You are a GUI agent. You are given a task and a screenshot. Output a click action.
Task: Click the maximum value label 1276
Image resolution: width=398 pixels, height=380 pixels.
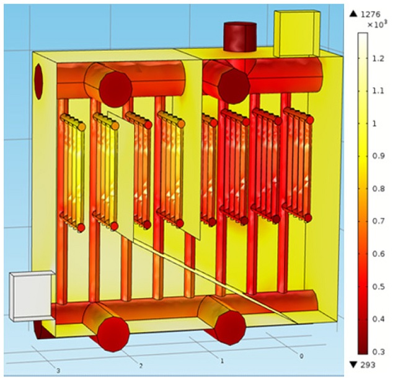pos(371,14)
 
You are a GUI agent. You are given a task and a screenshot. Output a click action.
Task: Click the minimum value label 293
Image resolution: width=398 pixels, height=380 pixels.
pos(368,365)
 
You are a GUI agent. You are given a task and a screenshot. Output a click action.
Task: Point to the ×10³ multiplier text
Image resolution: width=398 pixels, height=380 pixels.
pos(377,25)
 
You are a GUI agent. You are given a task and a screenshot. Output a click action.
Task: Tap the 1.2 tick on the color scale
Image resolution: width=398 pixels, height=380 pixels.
pos(378,58)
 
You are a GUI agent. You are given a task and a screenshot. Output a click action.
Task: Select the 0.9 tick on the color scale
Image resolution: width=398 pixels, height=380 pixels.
pos(378,156)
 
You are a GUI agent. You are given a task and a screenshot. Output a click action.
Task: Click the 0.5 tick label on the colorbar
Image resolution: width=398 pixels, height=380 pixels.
pos(378,286)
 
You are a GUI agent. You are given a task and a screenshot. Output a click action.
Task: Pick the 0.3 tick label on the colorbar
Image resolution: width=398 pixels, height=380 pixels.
pos(378,352)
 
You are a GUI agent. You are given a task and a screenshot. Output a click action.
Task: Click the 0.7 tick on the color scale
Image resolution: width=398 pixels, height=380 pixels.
pos(378,221)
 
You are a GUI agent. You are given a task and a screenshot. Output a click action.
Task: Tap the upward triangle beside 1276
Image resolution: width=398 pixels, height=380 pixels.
pos(353,14)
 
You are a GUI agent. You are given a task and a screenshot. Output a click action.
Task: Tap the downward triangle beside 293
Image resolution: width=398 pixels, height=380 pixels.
pos(353,365)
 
